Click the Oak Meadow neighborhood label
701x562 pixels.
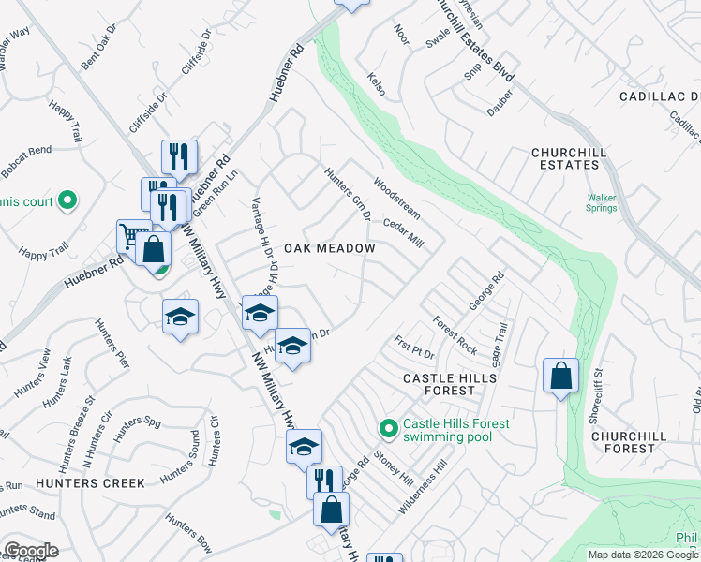[342, 248]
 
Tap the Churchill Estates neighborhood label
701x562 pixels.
[564, 158]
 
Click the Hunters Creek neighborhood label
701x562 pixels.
[90, 483]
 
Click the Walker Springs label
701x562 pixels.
[602, 203]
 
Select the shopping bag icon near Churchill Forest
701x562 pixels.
[560, 377]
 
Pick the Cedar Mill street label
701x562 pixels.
[405, 235]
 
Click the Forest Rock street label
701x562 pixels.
[455, 335]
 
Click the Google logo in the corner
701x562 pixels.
[30, 551]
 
